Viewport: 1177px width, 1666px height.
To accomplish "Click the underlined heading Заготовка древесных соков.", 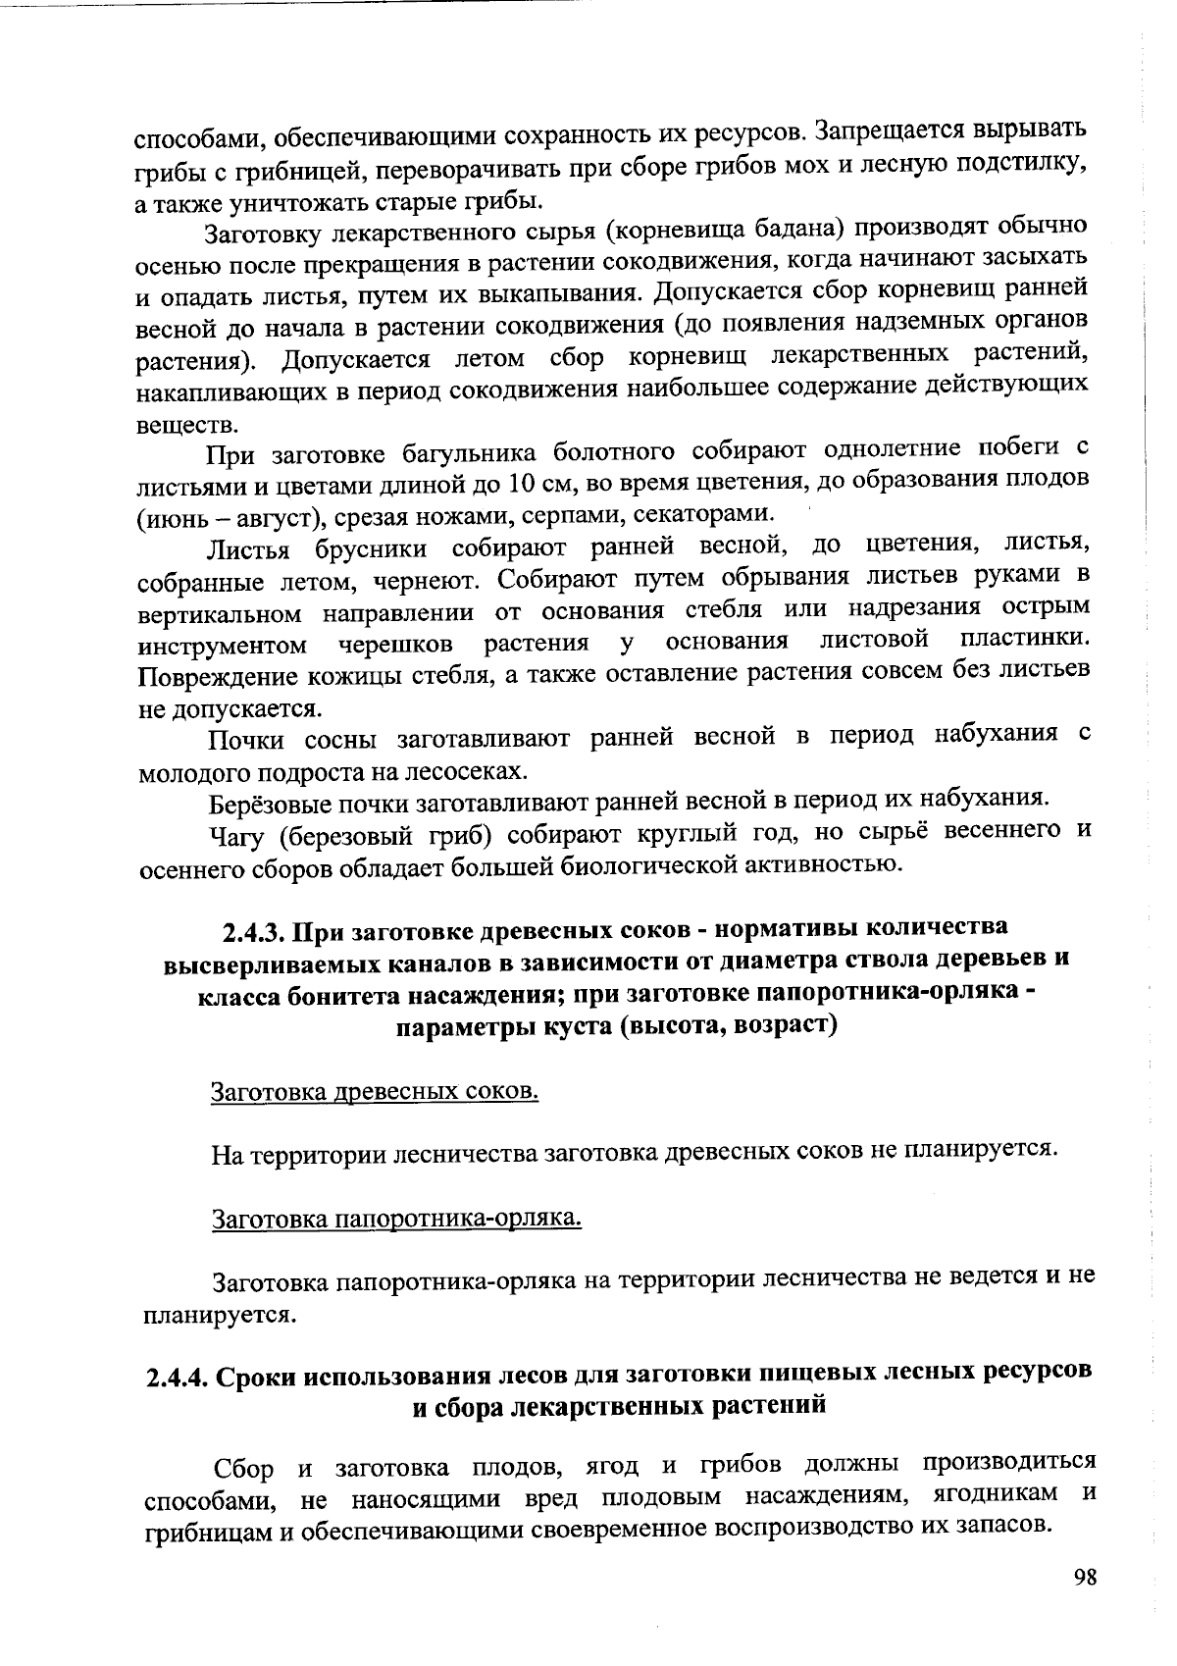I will [x=375, y=1091].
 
